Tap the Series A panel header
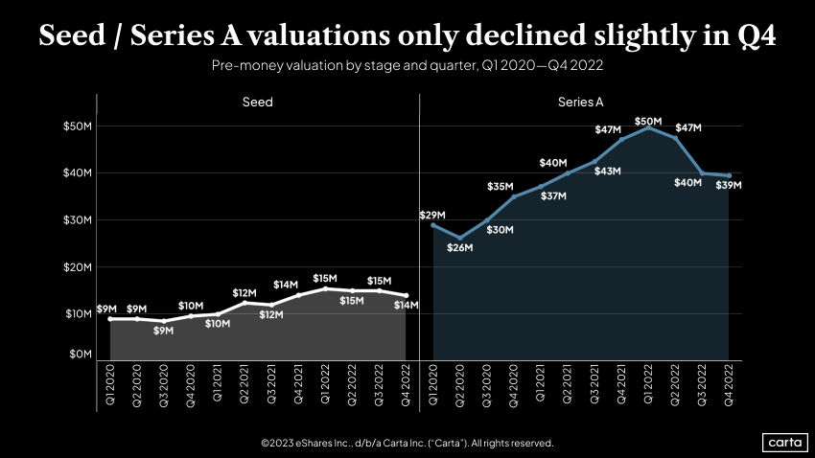(580, 102)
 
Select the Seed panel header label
(257, 102)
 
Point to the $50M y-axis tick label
(78, 126)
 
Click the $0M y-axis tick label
(80, 355)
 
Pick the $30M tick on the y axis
(78, 219)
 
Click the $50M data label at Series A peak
(648, 121)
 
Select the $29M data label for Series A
(432, 215)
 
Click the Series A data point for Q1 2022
(648, 127)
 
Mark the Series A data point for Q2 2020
(460, 238)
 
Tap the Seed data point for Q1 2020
(110, 318)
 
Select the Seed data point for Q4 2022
(406, 295)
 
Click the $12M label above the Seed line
(245, 292)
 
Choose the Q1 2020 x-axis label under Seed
(110, 385)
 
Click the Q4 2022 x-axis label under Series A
(729, 385)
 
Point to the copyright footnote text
(407, 443)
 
